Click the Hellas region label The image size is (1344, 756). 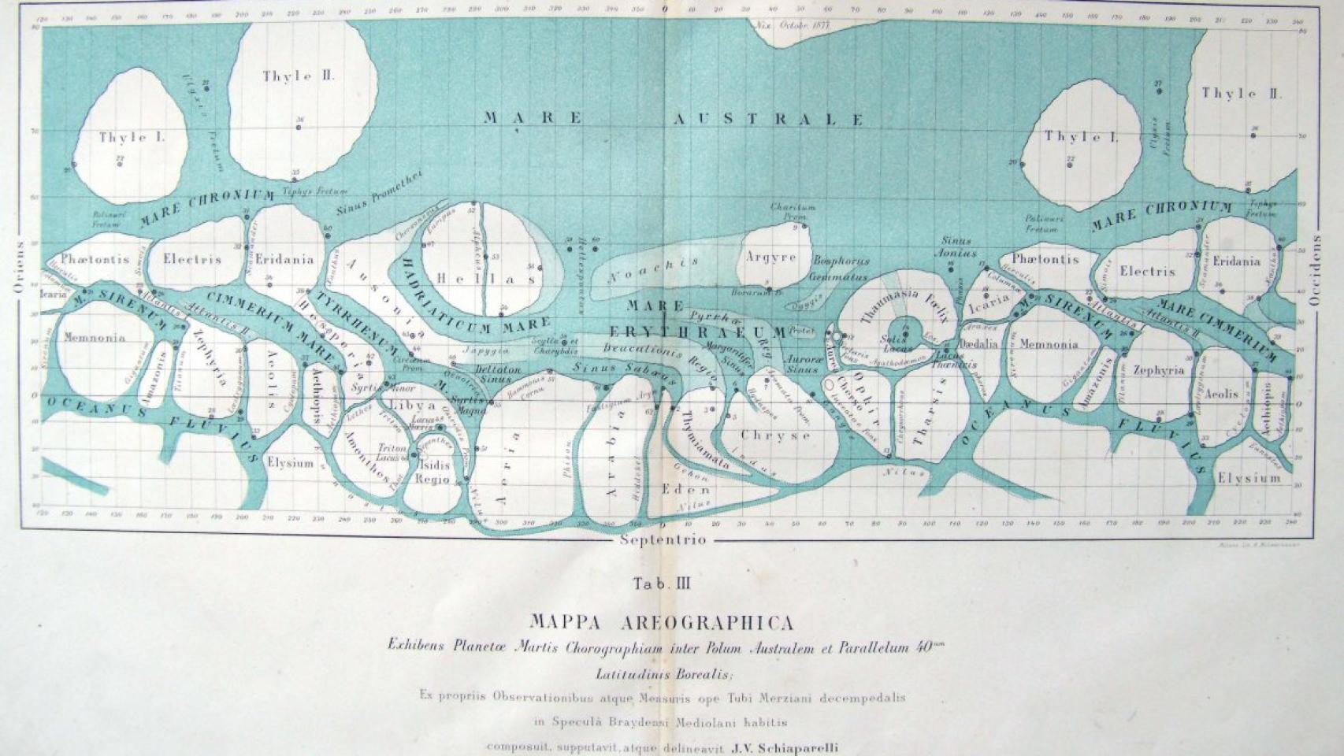point(486,279)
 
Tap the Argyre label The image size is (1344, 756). point(770,257)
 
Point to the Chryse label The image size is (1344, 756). point(775,435)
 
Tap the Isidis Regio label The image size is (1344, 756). point(433,472)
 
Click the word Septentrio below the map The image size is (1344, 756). point(663,540)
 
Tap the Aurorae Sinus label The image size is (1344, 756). point(801,364)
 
